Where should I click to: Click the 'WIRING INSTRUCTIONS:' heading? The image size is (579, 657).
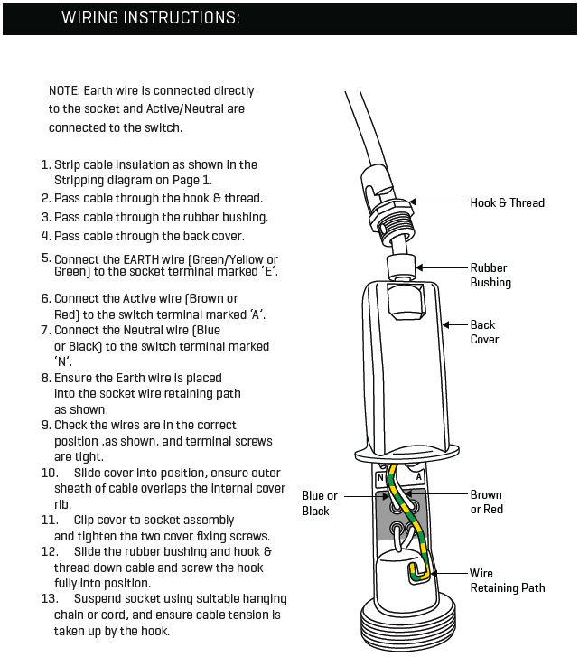tap(150, 18)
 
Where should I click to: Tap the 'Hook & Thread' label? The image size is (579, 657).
tap(507, 202)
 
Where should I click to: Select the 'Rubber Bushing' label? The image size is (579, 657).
tap(490, 275)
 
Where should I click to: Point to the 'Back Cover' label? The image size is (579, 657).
tap(484, 332)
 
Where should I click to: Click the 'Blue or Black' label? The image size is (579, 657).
tap(319, 503)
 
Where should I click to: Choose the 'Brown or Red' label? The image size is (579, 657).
tap(486, 502)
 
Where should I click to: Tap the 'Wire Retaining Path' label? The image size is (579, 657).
tap(507, 580)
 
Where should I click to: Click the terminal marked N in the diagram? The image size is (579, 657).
tap(381, 476)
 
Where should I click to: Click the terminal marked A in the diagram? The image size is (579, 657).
tap(419, 476)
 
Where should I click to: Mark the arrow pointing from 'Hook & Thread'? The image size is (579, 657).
tap(438, 202)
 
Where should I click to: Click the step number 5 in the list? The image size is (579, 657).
tap(46, 258)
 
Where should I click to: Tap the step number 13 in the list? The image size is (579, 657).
tap(50, 599)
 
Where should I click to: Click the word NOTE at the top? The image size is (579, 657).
tap(63, 90)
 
